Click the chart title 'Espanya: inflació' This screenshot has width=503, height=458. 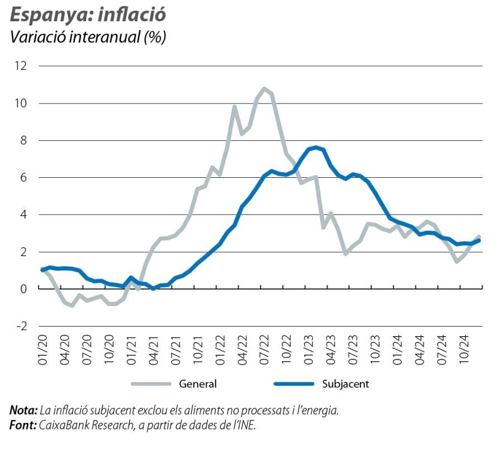tap(88, 15)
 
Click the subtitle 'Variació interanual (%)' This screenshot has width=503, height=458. tap(88, 37)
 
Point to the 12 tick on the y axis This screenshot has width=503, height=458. tap(21, 66)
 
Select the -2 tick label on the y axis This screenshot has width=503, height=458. tap(21, 326)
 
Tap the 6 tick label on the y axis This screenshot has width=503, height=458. tap(23, 177)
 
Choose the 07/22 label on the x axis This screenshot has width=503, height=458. tap(264, 351)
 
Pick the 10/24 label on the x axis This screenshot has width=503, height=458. tap(463, 351)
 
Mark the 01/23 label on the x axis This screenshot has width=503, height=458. tap(309, 351)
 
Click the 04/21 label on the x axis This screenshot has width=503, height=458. tap(154, 351)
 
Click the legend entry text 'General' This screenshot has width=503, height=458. tap(197, 384)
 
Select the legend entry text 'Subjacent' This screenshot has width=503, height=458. tap(345, 384)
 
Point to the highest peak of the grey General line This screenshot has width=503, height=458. tap(264, 88)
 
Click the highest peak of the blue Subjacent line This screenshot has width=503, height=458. tap(316, 148)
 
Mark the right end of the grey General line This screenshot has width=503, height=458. tap(479, 237)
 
